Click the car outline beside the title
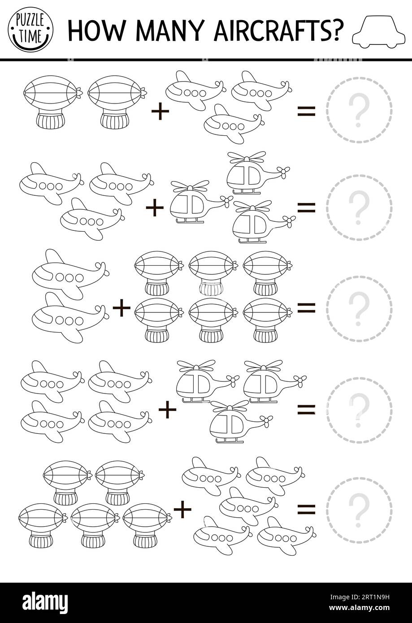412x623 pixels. pyautogui.click(x=375, y=30)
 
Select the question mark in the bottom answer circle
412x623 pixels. pyautogui.click(x=359, y=509)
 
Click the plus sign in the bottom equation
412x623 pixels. pyautogui.click(x=182, y=508)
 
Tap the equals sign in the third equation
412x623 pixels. pyautogui.click(x=307, y=307)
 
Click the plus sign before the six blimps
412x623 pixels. pyautogui.click(x=121, y=308)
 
